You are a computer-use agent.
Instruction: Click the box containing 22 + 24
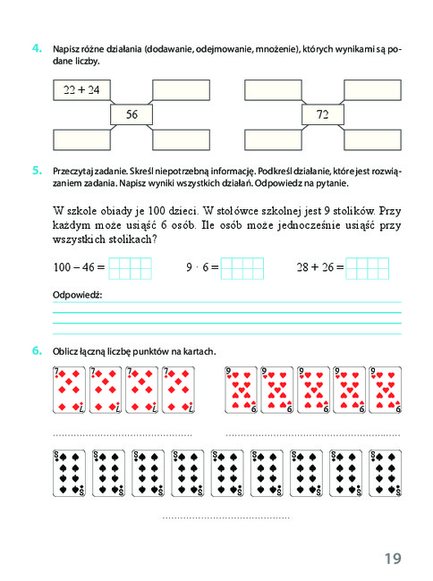coord(82,90)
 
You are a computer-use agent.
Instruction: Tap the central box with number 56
coord(132,114)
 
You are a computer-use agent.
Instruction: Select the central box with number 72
coord(323,114)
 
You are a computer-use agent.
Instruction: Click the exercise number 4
coord(37,48)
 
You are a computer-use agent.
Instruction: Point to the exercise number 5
coord(37,171)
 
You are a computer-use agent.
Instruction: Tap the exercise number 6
coord(37,350)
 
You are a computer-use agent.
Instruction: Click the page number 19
coord(393,559)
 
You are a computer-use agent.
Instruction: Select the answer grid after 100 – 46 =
coord(130,268)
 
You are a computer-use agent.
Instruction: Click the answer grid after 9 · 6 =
coord(242,268)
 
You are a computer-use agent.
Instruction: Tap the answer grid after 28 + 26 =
coord(368,268)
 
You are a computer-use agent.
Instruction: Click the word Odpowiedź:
coord(77,295)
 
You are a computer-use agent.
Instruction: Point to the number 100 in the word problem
coord(157,211)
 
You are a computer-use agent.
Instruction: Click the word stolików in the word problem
coord(354,211)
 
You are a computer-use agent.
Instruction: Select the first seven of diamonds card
coord(69,390)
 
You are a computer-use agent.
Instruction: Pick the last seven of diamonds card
coord(178,390)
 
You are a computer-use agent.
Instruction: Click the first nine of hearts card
coord(241,390)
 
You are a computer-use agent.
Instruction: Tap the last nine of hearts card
coord(386,390)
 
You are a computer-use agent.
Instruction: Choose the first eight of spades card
coord(69,473)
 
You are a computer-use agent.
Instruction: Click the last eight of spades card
coord(386,473)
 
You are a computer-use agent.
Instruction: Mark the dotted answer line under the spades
coord(225,518)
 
